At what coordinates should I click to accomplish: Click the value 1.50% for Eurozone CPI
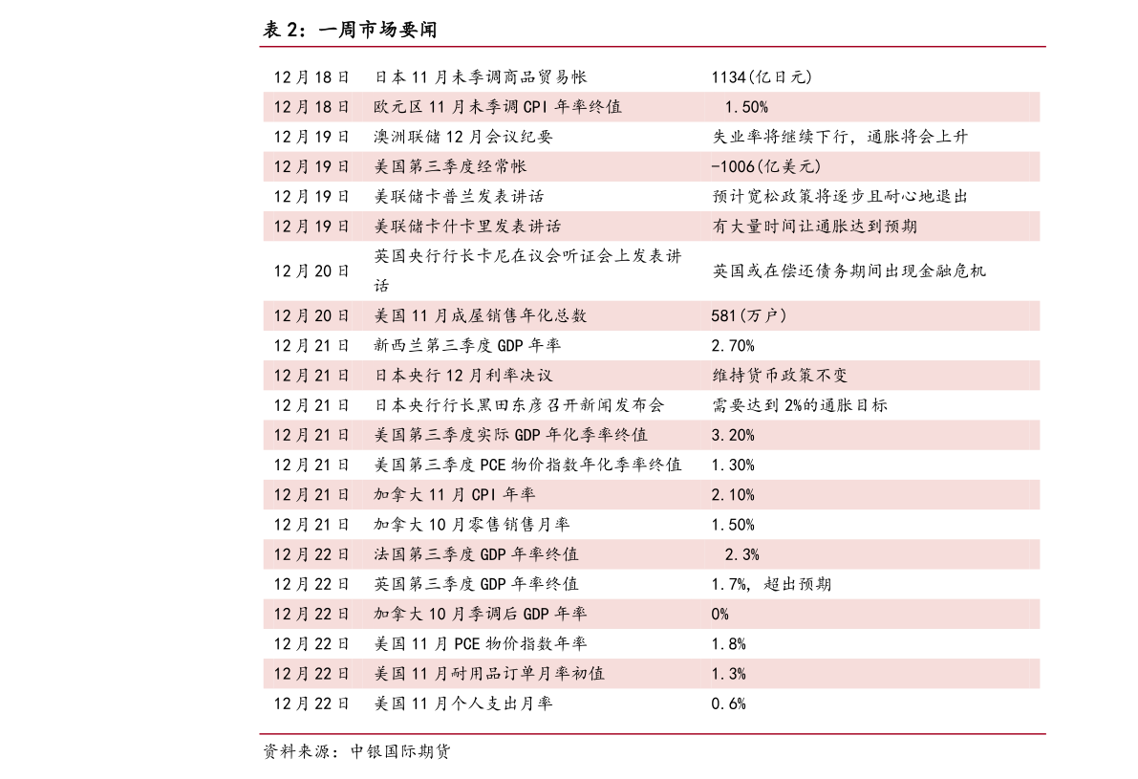pyautogui.click(x=746, y=107)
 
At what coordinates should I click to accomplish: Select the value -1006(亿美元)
pyautogui.click(x=766, y=167)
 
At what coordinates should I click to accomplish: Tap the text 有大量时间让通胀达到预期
pyautogui.click(x=814, y=227)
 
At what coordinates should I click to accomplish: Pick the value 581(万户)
pyautogui.click(x=749, y=315)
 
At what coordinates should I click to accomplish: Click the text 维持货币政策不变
pyautogui.click(x=780, y=376)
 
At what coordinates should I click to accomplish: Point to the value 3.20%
pyautogui.click(x=733, y=435)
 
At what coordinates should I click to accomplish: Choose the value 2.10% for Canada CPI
pyautogui.click(x=733, y=495)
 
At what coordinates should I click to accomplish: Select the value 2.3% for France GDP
pyautogui.click(x=742, y=554)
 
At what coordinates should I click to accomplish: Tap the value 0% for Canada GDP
pyautogui.click(x=719, y=615)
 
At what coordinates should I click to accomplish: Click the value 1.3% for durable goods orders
pyautogui.click(x=728, y=674)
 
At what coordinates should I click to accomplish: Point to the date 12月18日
pyautogui.click(x=311, y=107)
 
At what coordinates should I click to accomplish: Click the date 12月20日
pyautogui.click(x=311, y=315)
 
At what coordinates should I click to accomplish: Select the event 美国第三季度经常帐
pyautogui.click(x=450, y=167)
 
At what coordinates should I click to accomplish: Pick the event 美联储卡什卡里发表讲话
pyautogui.click(x=467, y=227)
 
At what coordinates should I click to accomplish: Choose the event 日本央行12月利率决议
pyautogui.click(x=463, y=376)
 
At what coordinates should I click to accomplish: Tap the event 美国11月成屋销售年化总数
pyautogui.click(x=481, y=315)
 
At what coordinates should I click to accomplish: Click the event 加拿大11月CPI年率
pyautogui.click(x=455, y=495)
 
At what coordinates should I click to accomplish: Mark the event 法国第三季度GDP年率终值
pyautogui.click(x=476, y=554)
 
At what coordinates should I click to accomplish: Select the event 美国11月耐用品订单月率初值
pyautogui.click(x=489, y=674)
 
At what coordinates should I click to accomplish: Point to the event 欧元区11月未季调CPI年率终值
pyautogui.click(x=498, y=107)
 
